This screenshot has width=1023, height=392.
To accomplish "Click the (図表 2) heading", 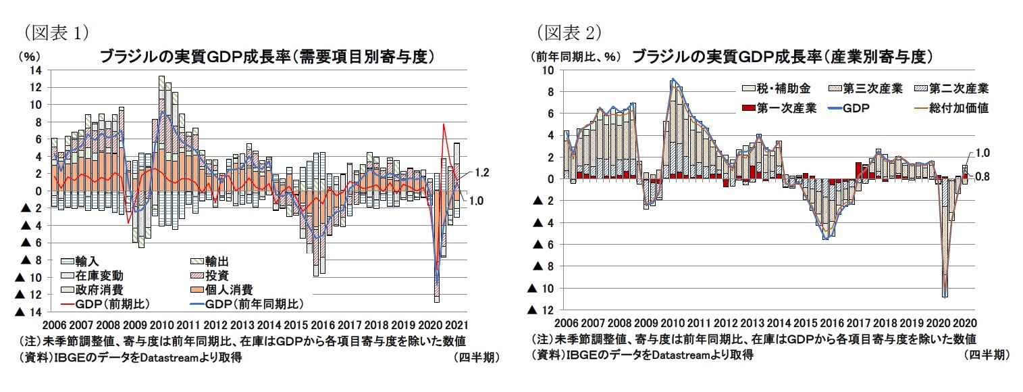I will pyautogui.click(x=569, y=32).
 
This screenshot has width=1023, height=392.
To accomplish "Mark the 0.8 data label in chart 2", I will pyautogui.click(x=987, y=177).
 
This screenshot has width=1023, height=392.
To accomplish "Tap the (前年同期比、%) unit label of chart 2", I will pyautogui.click(x=575, y=57).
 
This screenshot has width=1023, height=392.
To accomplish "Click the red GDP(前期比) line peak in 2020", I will pyautogui.click(x=444, y=124).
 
